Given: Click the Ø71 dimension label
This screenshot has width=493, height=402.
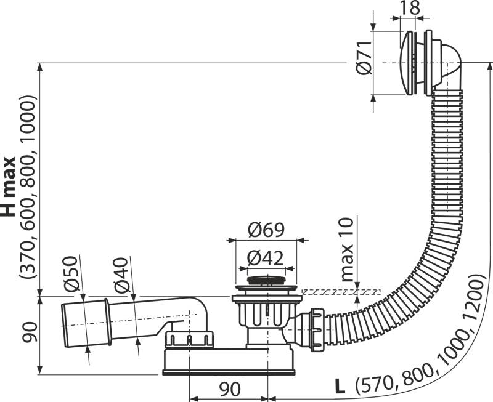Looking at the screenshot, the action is (365, 58).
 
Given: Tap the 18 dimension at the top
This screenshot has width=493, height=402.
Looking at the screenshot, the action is (410, 8).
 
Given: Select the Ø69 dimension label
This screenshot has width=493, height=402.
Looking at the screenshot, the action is (266, 230).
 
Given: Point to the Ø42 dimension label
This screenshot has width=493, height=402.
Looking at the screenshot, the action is (266, 258).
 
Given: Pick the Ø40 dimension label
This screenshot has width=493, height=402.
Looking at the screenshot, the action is (121, 275).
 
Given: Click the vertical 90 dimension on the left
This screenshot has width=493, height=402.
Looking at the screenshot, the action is (30, 332).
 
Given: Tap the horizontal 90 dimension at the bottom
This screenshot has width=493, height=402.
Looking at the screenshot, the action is (229, 390).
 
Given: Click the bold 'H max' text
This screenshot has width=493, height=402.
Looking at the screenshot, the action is (8, 187).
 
